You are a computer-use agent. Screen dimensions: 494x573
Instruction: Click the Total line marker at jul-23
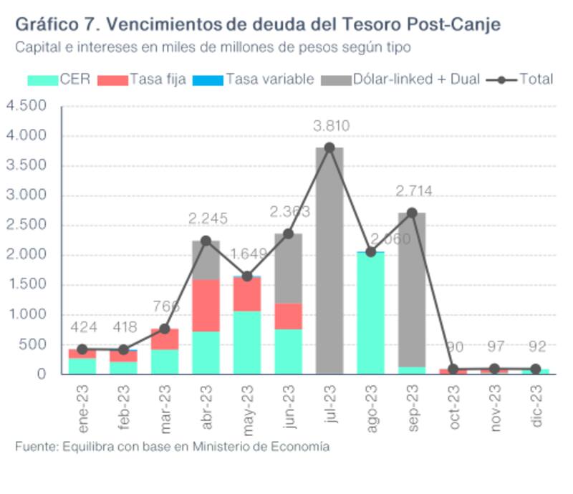[329, 147]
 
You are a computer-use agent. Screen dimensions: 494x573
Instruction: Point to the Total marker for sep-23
[412, 213]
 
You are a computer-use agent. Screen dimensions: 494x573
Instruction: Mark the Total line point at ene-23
[82, 349]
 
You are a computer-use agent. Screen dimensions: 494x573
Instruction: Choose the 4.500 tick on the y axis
[27, 106]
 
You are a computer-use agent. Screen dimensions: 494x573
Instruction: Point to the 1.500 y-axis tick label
[27, 285]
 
